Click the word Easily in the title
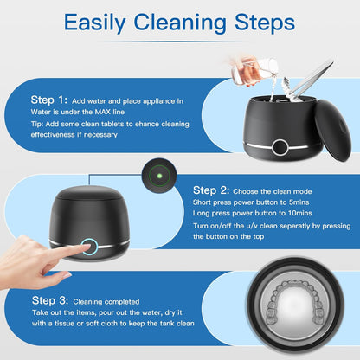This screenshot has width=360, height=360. (x=94, y=23)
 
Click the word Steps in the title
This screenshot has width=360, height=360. (x=265, y=22)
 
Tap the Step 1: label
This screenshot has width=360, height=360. (x=49, y=100)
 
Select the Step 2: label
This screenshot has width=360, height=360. (x=211, y=190)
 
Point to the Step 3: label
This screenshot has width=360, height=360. (x=50, y=300)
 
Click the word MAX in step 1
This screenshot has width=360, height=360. (x=102, y=112)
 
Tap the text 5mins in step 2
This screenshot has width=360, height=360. (x=299, y=202)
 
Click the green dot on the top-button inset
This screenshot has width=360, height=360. (x=159, y=176)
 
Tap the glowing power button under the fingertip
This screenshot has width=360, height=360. (x=89, y=247)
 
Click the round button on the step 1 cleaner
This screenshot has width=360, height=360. (x=280, y=147)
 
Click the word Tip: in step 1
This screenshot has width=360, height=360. (x=37, y=124)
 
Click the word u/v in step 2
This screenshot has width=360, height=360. (x=252, y=226)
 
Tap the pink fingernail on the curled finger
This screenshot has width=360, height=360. (x=67, y=276)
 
